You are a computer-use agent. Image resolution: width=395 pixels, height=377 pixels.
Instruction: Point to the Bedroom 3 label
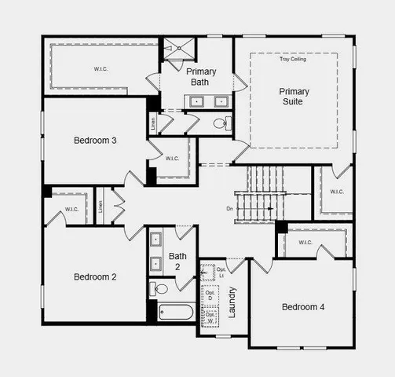click(95, 141)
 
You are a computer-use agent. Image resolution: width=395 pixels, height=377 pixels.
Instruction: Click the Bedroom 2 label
click(95, 276)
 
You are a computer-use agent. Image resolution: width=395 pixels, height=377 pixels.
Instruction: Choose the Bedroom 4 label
click(303, 306)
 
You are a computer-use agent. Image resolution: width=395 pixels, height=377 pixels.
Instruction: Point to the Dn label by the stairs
click(230, 208)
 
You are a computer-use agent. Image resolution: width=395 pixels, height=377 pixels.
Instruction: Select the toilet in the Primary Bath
click(221, 123)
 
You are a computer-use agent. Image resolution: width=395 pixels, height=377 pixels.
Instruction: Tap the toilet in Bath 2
click(160, 289)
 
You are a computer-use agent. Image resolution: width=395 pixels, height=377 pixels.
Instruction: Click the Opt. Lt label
click(221, 272)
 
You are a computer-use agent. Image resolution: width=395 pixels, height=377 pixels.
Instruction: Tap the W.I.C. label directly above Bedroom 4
click(305, 242)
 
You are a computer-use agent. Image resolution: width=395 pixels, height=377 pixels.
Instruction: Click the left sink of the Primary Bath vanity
click(195, 101)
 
